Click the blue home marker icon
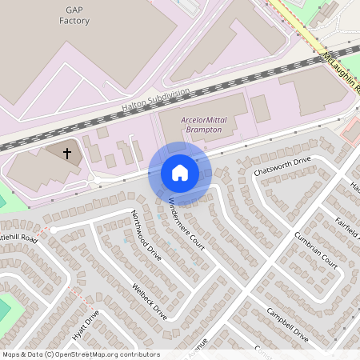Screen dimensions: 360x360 179,173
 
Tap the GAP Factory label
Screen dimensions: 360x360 74,15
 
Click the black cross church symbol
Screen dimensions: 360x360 66,152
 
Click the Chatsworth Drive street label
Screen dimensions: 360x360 281,166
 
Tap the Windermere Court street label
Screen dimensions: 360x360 186,222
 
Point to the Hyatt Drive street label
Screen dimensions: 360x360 87,327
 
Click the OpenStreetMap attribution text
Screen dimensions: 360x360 80,354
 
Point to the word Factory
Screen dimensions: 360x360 74,21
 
